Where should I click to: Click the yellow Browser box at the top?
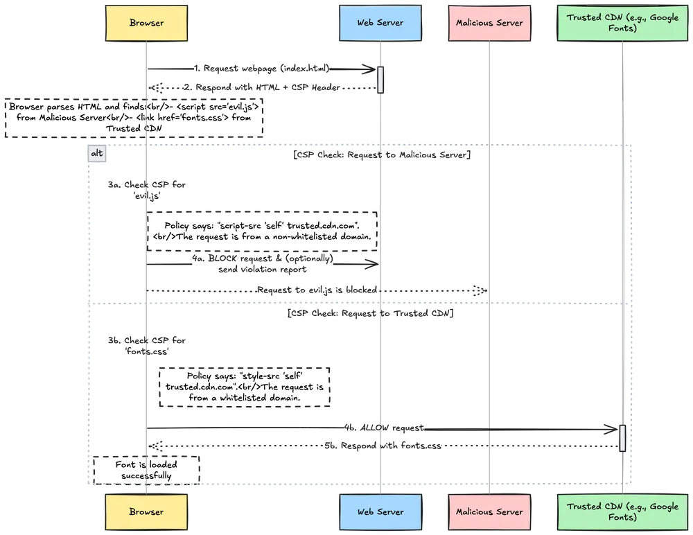(x=146, y=23)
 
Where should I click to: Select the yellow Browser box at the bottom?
(x=146, y=511)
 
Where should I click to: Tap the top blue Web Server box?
(x=380, y=23)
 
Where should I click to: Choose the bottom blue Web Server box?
(x=380, y=511)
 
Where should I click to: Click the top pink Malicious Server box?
(x=489, y=23)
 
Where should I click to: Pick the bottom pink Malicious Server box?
(x=489, y=511)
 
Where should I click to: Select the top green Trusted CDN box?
(x=622, y=23)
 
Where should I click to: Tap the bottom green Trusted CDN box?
(x=622, y=511)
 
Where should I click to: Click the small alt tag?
(x=98, y=153)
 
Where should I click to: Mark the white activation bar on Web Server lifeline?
(x=380, y=79)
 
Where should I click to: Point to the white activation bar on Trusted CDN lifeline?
(x=622, y=438)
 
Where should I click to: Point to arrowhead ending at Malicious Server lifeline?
(x=481, y=289)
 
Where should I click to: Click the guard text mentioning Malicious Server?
(x=382, y=156)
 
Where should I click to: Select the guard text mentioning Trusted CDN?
(x=370, y=315)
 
